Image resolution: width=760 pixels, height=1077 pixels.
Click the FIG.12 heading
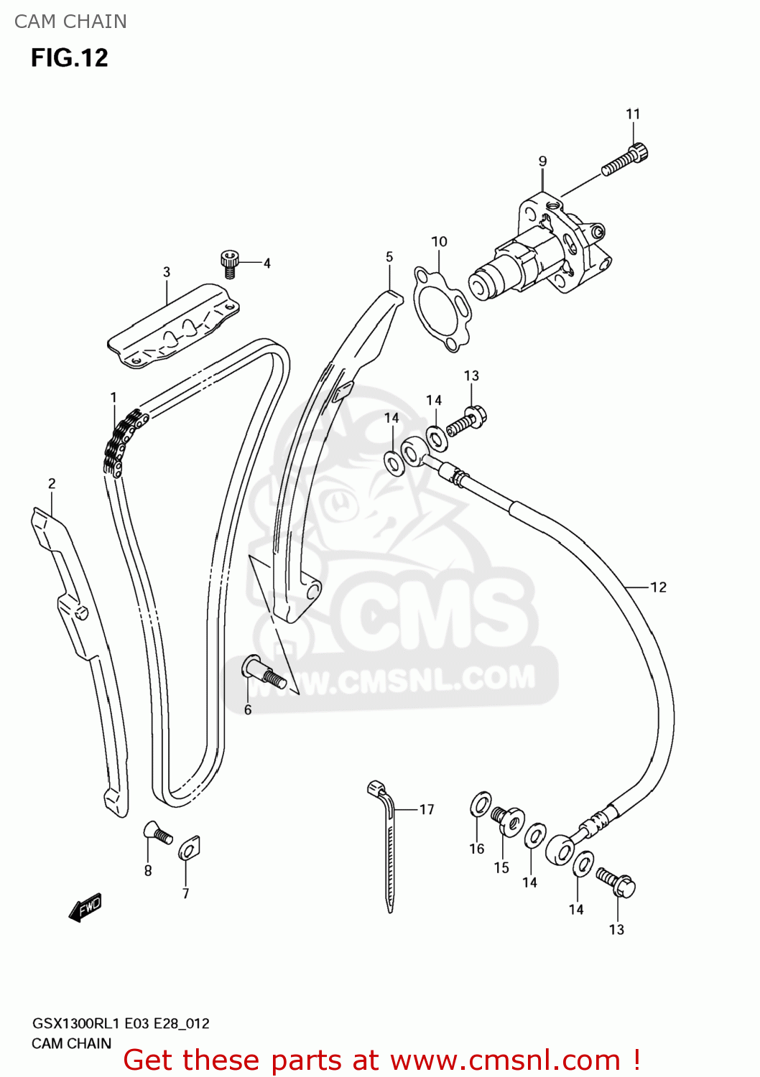point(69,57)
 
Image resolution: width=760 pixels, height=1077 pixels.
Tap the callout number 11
point(633,114)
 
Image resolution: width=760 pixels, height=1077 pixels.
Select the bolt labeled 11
point(626,160)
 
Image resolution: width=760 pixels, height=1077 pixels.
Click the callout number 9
point(542,162)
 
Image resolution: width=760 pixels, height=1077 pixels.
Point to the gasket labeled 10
point(441,309)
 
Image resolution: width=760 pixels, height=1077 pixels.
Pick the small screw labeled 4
point(229,264)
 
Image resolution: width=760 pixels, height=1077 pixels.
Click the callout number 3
point(167,272)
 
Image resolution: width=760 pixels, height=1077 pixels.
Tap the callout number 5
point(389,257)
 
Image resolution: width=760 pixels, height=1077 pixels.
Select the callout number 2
point(52,484)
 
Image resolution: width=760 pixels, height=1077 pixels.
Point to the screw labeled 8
point(157,834)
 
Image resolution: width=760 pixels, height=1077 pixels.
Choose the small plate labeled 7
point(189,849)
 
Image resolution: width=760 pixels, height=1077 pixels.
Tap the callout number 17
point(427,810)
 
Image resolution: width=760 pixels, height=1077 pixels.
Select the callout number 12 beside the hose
point(659,587)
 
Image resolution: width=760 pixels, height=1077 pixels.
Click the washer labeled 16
point(481,805)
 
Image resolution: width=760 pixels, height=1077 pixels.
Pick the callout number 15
point(501,867)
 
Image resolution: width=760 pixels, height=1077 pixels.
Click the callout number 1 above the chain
point(113,397)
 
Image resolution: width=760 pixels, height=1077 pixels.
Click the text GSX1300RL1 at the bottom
point(75,1023)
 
